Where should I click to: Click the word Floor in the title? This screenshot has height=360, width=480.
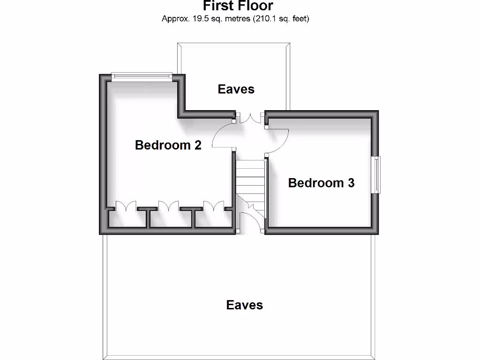(x=256, y=6)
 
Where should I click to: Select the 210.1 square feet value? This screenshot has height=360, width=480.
(x=268, y=19)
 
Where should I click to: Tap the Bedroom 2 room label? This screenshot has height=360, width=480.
(x=168, y=145)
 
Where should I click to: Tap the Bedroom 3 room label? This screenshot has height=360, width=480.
(x=321, y=183)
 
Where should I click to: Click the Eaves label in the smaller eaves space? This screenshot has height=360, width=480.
(x=236, y=89)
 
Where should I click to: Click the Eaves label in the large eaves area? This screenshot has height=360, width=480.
(x=244, y=305)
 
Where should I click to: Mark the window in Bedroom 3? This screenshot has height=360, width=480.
(x=376, y=174)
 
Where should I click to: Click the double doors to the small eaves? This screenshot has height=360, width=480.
(x=250, y=118)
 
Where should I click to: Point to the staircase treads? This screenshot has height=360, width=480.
(x=250, y=180)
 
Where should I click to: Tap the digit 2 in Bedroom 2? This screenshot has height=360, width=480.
(x=197, y=145)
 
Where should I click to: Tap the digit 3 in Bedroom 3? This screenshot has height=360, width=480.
(x=351, y=183)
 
